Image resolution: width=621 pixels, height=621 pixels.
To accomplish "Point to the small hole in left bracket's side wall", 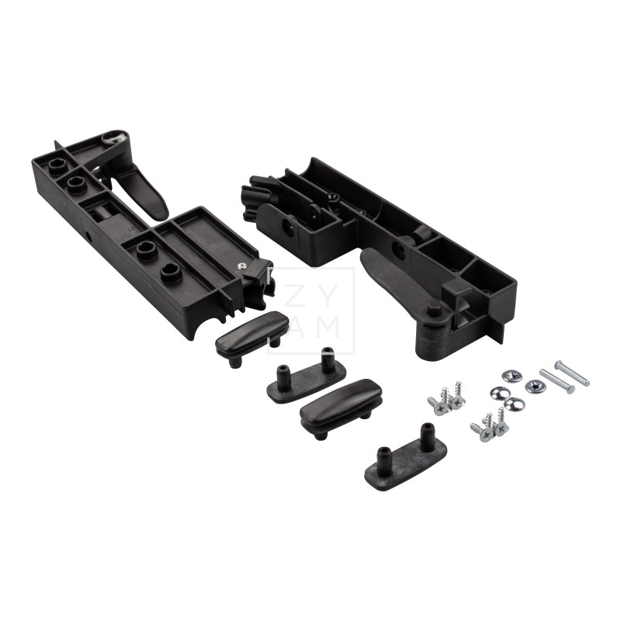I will (88, 233).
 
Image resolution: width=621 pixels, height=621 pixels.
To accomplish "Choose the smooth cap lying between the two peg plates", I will (342, 401).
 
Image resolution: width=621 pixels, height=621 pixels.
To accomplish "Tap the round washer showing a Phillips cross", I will (534, 385).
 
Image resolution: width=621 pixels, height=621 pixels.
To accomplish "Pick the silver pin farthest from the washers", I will (571, 372).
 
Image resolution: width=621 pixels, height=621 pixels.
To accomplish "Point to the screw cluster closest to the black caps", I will (446, 401).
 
